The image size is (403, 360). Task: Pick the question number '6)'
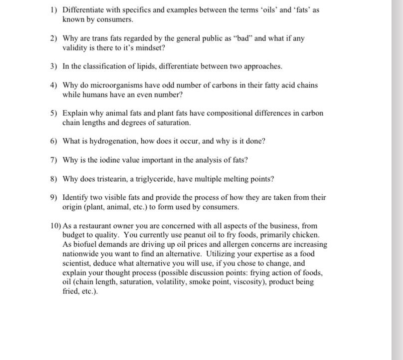tap(55, 141)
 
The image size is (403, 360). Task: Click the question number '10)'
tap(56, 226)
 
